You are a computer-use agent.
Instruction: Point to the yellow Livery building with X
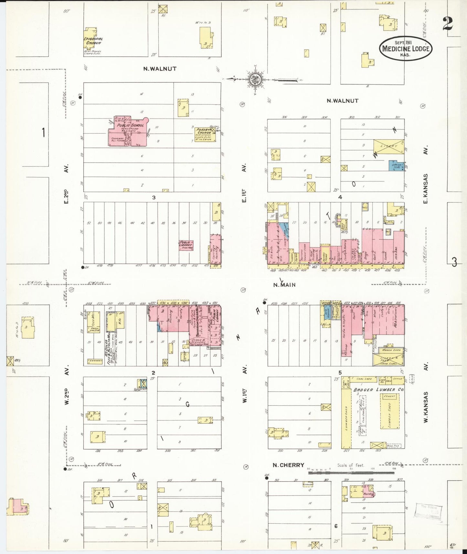tap(389, 146)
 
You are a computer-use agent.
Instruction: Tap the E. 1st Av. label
tap(244, 183)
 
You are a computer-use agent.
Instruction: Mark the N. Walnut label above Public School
tap(156, 69)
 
